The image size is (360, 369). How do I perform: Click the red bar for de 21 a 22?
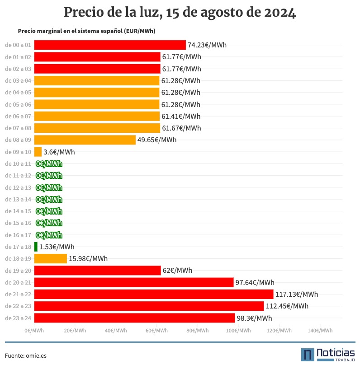(154, 294)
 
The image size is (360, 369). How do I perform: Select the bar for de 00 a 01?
(110, 45)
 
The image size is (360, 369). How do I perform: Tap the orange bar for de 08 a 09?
(85, 140)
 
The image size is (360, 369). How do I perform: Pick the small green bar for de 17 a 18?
(36, 247)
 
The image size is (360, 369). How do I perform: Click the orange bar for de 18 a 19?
(50, 259)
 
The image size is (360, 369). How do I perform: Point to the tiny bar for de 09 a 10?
(38, 152)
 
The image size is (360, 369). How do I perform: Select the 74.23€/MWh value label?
(207, 45)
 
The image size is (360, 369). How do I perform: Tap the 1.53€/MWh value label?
(57, 247)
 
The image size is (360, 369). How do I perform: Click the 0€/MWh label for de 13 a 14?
(49, 199)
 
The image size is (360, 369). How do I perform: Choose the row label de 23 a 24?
(18, 318)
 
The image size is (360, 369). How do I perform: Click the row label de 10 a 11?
(18, 163)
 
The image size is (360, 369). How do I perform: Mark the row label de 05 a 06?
(18, 104)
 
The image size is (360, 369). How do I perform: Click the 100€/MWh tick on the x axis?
(238, 331)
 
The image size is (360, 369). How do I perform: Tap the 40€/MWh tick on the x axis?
(116, 331)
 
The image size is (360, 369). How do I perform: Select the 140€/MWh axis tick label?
(320, 331)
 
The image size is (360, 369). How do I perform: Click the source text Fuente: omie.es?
(26, 355)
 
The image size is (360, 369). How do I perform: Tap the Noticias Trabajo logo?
(328, 355)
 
